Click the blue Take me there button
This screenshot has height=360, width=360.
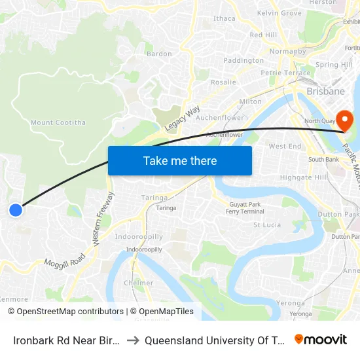(180, 160)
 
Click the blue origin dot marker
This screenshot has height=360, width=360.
(16, 209)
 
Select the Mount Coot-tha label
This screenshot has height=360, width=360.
(50, 122)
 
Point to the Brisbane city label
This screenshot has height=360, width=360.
(325, 91)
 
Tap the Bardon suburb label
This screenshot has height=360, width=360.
(159, 54)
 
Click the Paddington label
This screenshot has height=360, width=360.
(243, 61)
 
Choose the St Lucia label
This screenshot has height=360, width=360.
(267, 225)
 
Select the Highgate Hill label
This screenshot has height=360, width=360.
(285, 177)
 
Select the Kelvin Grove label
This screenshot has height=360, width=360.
(279, 13)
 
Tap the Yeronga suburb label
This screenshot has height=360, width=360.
(289, 303)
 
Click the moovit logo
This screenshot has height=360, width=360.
(321, 340)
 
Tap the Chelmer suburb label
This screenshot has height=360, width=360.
(138, 283)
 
